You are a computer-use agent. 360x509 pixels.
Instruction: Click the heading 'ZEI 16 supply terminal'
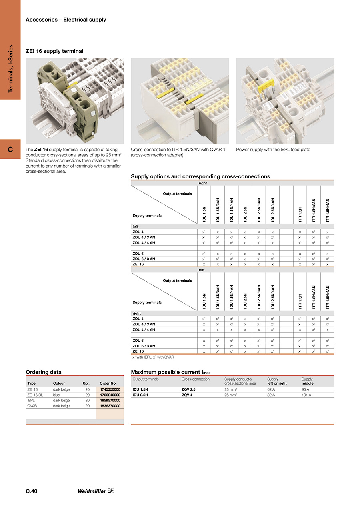[x=54, y=51]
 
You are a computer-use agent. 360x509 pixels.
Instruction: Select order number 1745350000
[x=110, y=389]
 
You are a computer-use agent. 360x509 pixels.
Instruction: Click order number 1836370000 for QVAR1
[x=110, y=406]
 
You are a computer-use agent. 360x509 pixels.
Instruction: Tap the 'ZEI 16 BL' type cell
[x=35, y=395]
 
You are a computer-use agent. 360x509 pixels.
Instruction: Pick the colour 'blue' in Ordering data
[x=56, y=395]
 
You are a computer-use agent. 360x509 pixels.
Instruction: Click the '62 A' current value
[x=272, y=389]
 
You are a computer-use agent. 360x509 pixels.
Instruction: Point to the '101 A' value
[x=306, y=395]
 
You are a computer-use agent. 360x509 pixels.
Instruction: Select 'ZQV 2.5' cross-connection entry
[x=188, y=389]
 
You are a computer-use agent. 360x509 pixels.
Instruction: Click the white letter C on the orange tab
[x=10, y=150]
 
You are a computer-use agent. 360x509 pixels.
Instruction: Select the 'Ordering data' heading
[x=44, y=372]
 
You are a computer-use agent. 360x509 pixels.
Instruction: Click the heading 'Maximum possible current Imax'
[x=171, y=372]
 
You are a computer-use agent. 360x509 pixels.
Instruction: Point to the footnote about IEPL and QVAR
[x=153, y=357]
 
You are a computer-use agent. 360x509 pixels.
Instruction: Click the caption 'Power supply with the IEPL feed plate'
[x=273, y=150]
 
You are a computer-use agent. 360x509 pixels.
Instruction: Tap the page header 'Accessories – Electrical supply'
[x=66, y=20]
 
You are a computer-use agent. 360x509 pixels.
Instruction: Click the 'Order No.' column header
[x=108, y=383]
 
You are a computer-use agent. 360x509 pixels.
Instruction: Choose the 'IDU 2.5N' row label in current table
[x=140, y=395]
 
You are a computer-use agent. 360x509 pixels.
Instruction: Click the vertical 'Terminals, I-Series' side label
[x=10, y=68]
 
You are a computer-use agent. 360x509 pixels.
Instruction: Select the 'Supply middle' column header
[x=307, y=381]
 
